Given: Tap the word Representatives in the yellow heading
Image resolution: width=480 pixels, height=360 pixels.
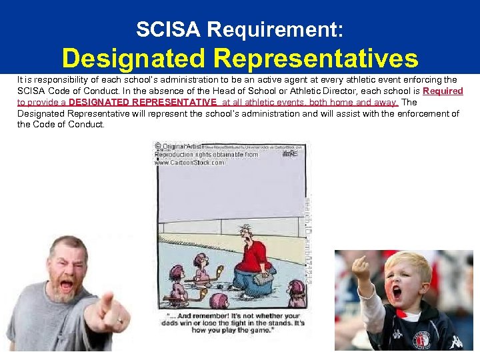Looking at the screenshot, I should (x=316, y=59).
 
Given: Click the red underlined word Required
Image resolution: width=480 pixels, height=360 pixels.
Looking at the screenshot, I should (x=443, y=91).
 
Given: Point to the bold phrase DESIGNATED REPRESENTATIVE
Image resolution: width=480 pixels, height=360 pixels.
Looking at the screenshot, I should (x=143, y=102).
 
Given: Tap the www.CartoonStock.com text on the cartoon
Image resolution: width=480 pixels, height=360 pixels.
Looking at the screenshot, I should (x=190, y=162).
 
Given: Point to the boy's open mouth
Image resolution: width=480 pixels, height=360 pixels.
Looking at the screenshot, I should (x=397, y=292).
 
